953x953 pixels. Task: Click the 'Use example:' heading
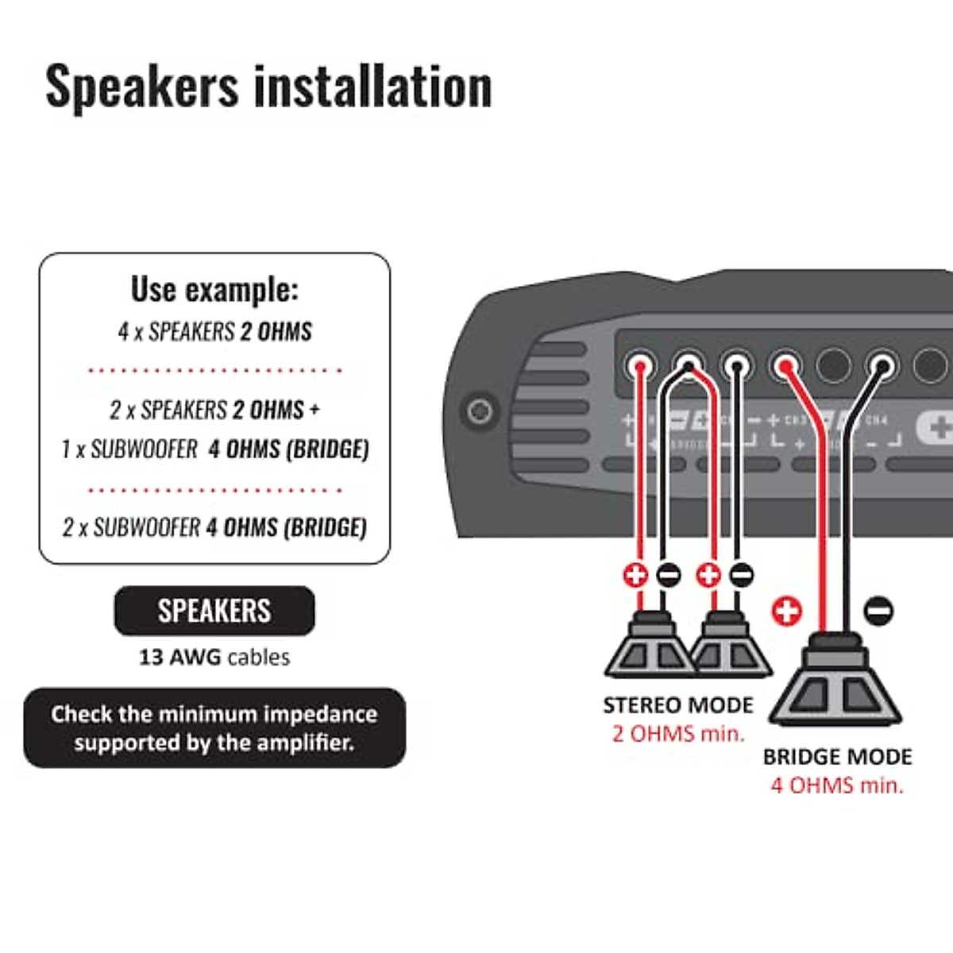(214, 290)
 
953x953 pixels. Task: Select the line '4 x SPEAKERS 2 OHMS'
(214, 331)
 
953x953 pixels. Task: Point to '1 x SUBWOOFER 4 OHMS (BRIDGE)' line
(214, 449)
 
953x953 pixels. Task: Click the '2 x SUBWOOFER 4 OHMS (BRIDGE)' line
(214, 527)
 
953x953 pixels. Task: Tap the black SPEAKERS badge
(214, 611)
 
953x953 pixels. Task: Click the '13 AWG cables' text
(214, 658)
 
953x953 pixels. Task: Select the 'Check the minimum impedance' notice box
(214, 728)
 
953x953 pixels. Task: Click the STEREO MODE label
(677, 705)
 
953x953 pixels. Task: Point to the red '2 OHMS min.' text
(678, 734)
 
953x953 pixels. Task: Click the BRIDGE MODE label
(837, 757)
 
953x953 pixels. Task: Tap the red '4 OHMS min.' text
(837, 785)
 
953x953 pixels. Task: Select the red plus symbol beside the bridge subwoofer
(786, 612)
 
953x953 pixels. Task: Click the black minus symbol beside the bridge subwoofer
(878, 612)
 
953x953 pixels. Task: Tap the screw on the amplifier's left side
(479, 411)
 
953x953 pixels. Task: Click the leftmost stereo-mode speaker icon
(649, 647)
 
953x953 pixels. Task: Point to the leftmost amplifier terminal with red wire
(639, 367)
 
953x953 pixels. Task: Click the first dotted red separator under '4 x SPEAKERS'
(214, 370)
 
